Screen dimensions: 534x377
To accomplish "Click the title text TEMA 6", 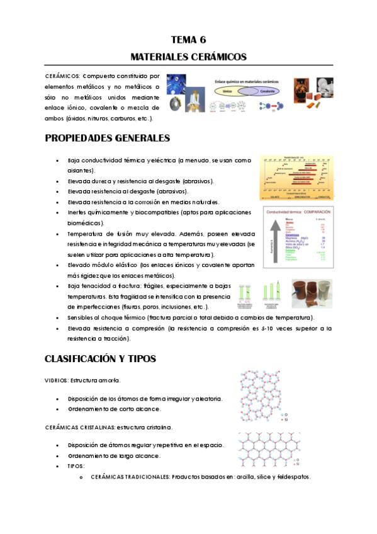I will (188, 39).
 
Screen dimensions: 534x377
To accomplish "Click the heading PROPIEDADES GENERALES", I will (107, 138).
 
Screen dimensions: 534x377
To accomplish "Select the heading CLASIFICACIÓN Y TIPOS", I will (100, 359).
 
